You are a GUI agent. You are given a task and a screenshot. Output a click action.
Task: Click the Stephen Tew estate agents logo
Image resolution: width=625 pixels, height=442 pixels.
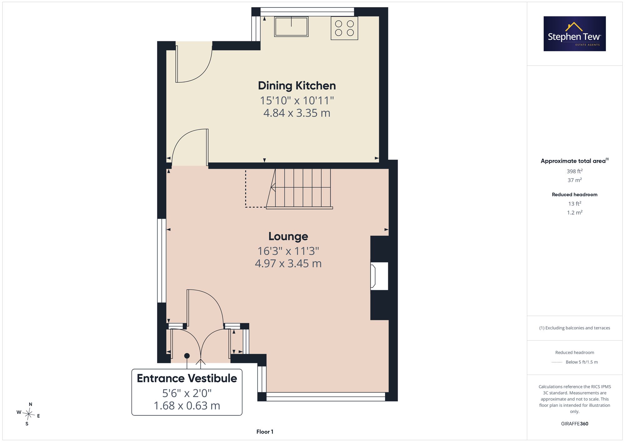[575, 34]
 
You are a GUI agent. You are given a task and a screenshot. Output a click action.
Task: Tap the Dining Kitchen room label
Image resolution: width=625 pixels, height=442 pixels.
[297, 86]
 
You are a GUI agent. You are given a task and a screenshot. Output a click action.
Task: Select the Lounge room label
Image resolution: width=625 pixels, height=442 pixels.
[288, 236]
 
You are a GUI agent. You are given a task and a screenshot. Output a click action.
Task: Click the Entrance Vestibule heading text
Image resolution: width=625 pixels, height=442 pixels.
[187, 378]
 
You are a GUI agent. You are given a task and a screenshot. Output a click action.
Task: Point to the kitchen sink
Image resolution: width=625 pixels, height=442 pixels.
[291, 27]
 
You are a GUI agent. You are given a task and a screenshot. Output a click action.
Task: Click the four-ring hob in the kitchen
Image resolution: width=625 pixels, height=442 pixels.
[344, 28]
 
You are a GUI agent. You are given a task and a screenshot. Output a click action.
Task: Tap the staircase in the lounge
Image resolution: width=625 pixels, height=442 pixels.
[299, 189]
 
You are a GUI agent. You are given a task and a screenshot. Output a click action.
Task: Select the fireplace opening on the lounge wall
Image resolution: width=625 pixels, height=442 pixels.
[379, 276]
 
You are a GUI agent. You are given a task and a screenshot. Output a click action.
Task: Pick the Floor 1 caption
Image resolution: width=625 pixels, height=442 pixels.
[265, 432]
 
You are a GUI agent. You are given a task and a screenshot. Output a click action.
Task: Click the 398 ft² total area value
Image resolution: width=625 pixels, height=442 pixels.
[575, 171]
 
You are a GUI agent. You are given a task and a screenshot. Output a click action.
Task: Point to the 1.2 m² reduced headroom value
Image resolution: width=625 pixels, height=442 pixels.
[575, 212]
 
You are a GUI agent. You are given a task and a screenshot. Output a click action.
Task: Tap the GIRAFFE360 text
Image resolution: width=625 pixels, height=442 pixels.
[575, 424]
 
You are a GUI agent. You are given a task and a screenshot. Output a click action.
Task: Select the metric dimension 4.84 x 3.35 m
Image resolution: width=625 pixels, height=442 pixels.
[297, 113]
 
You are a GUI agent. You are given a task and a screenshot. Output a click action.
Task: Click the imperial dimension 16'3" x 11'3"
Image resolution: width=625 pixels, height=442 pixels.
[288, 251]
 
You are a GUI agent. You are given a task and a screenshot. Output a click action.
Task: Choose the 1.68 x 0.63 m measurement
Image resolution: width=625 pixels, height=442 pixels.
[187, 406]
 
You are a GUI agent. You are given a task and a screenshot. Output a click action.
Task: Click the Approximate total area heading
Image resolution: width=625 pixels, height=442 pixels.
[575, 161]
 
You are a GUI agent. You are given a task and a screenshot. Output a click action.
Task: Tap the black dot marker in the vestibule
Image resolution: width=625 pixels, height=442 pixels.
[187, 356]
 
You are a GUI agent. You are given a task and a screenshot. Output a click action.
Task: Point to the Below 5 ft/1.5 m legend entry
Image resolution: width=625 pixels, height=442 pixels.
[582, 362]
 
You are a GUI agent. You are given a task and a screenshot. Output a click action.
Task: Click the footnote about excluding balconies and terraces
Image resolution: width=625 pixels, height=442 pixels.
[575, 328]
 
